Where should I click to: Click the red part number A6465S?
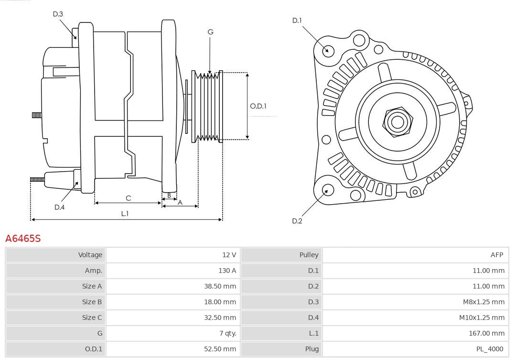pos(23,238)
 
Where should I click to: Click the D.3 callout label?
pos(58,14)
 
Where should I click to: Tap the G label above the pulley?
pos(210,32)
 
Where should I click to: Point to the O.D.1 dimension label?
pos(258,106)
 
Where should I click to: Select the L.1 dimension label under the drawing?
pos(125,214)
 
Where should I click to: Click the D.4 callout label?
pos(59,207)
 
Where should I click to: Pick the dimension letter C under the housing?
pos(128,198)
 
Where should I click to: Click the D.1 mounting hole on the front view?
pos(328,50)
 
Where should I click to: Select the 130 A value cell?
pos(227,270)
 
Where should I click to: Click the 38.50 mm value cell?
pos(220,286)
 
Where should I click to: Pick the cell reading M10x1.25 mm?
pos(482,317)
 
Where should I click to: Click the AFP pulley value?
pos(496,255)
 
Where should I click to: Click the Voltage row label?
pos(90,255)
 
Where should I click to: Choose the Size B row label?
pos(92,302)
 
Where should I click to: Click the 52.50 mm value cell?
pos(220,349)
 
